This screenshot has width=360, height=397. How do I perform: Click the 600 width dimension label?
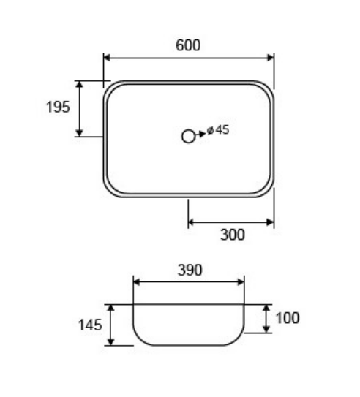(x=188, y=45)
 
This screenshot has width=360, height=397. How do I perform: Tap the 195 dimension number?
(x=58, y=107)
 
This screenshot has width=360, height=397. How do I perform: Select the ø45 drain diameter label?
(x=218, y=130)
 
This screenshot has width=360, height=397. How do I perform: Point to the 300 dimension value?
(x=233, y=235)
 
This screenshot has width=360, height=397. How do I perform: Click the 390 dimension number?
(x=190, y=270)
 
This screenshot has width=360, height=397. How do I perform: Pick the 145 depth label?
(x=90, y=325)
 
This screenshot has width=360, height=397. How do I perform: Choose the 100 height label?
(x=288, y=318)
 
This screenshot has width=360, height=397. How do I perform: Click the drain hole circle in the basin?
(x=188, y=137)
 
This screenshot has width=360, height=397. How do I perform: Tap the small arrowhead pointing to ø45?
(x=203, y=134)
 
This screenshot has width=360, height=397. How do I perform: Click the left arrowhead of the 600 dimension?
(x=107, y=58)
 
